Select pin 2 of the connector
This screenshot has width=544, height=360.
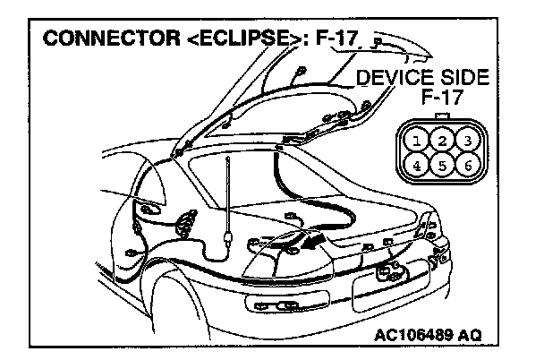click(441, 140)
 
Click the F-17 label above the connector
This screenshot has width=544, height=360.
click(441, 98)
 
